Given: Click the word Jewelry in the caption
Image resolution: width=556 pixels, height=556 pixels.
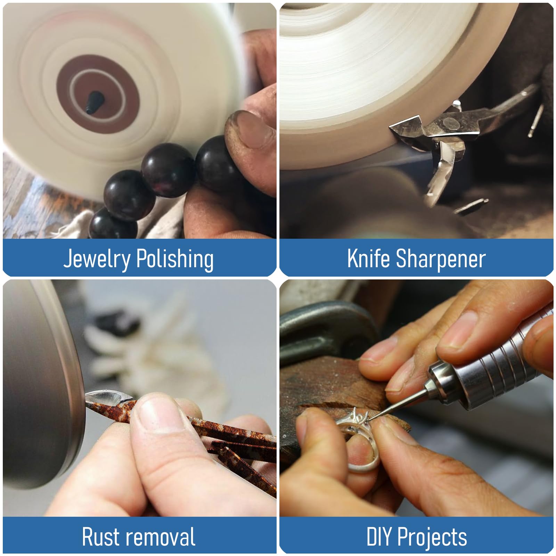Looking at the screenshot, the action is [97, 259].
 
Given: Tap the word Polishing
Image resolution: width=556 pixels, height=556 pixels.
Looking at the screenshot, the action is [175, 259].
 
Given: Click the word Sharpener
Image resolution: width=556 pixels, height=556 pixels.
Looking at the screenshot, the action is [441, 259].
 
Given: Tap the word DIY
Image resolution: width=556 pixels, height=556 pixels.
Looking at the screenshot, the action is [379, 536].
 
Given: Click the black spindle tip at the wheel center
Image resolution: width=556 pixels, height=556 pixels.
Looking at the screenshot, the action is [92, 101].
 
